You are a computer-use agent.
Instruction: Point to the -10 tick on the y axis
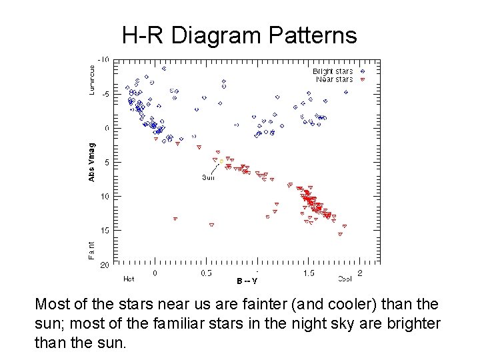(105, 59)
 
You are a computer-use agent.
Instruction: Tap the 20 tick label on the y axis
(105, 265)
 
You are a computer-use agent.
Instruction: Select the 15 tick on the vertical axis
(105, 230)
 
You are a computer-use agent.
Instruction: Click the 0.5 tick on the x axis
(206, 273)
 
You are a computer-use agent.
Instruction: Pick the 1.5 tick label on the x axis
(309, 273)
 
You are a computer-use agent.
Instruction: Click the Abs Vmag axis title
(92, 161)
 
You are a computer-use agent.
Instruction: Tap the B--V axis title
(247, 280)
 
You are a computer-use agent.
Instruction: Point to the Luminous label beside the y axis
(92, 79)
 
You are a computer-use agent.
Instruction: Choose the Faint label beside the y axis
(92, 250)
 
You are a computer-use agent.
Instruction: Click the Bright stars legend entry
(333, 71)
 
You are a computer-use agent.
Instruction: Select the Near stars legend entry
(334, 79)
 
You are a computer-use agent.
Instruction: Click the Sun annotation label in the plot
(209, 177)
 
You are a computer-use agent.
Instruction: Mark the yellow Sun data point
(221, 161)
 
